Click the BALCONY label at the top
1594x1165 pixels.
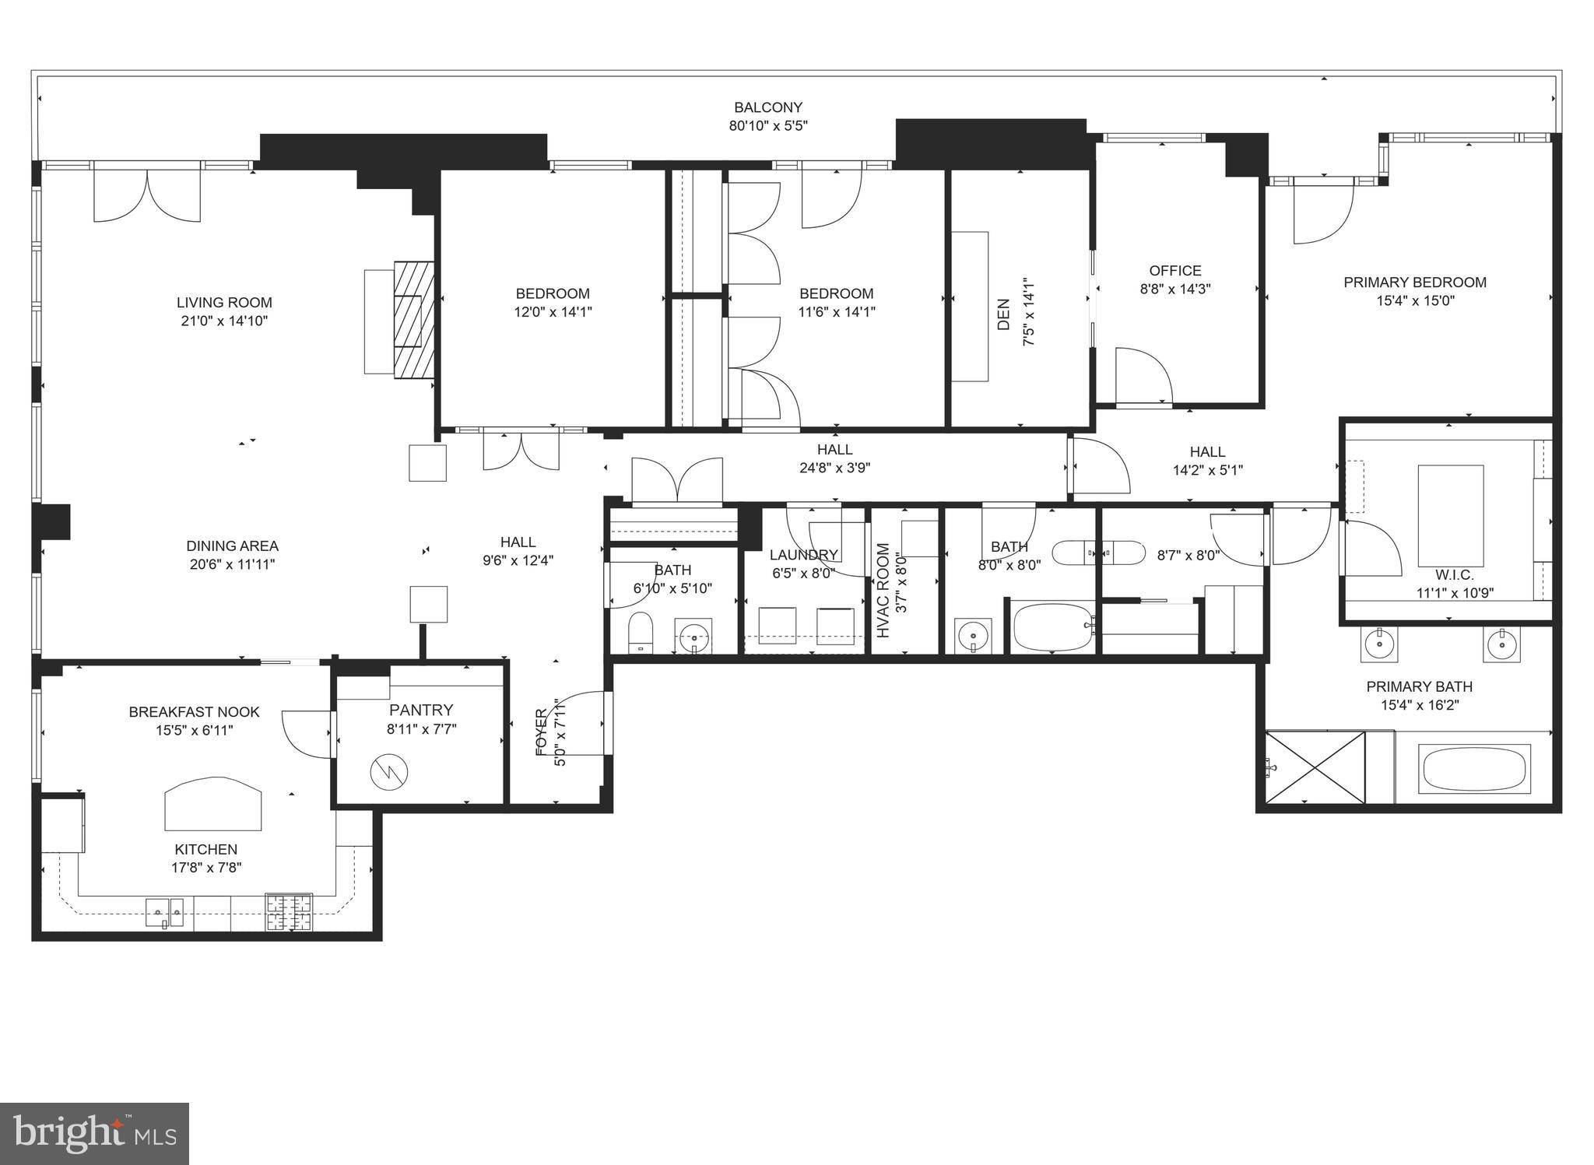(x=767, y=107)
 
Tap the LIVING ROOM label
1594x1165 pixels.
(x=224, y=303)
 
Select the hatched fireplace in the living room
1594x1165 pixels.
(x=413, y=320)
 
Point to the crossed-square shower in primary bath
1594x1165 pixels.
(x=1315, y=767)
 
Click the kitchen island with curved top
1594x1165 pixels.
(x=212, y=806)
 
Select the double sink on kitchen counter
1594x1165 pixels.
(x=164, y=911)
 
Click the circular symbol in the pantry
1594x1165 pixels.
(x=388, y=772)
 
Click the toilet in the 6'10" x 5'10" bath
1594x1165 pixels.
(x=640, y=630)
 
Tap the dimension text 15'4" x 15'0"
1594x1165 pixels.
(x=1414, y=301)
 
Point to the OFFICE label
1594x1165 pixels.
(x=1174, y=271)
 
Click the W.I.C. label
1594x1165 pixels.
(x=1454, y=575)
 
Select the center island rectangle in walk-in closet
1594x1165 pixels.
(x=1450, y=516)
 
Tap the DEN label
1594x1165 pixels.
(x=1004, y=314)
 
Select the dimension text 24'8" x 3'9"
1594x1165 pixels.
(x=834, y=468)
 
